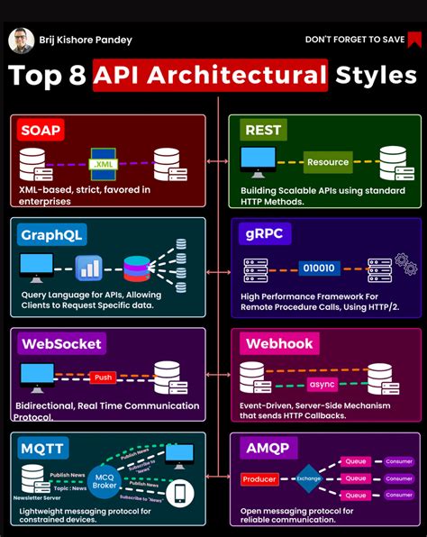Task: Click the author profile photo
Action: click(21, 41)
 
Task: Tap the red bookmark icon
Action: click(414, 39)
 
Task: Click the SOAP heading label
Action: click(41, 131)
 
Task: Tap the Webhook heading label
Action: click(278, 343)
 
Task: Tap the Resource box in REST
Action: click(327, 162)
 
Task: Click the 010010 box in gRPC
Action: click(320, 268)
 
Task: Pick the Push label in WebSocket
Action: click(102, 377)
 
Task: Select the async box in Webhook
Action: click(322, 383)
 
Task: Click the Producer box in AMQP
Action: click(259, 479)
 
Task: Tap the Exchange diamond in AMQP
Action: click(308, 479)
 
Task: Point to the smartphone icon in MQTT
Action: click(180, 492)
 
